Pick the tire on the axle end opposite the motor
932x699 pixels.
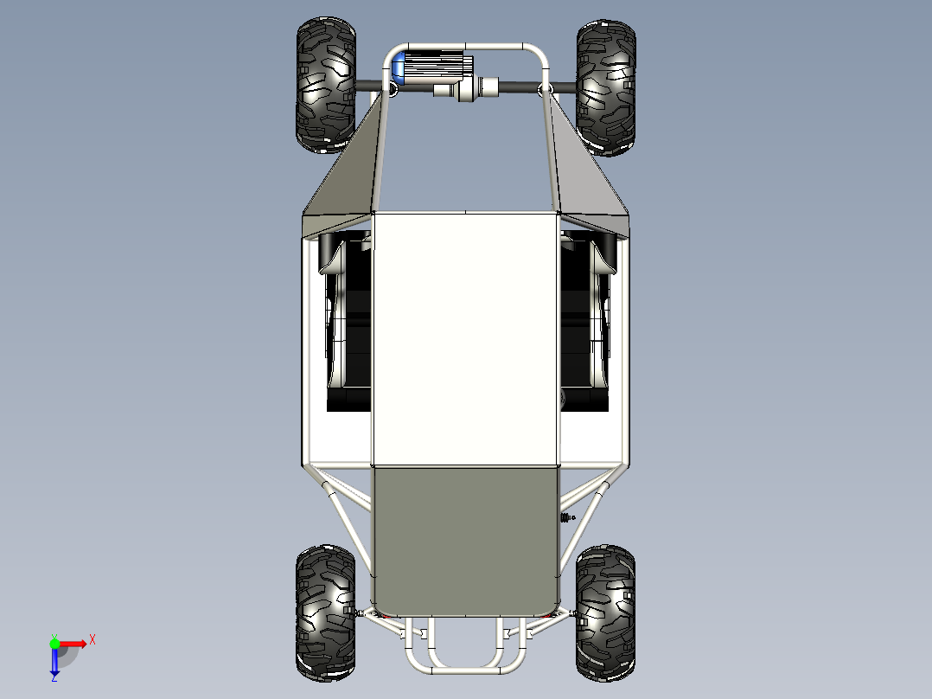(606, 87)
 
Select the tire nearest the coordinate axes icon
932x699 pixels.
(325, 611)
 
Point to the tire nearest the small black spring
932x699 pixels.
(605, 611)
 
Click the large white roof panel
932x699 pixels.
(465, 337)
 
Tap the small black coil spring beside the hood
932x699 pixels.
(567, 517)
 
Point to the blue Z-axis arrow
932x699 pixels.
(54, 663)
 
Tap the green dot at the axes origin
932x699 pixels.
(54, 643)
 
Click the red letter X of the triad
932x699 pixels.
(92, 639)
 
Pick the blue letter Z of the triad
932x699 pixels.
(54, 678)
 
